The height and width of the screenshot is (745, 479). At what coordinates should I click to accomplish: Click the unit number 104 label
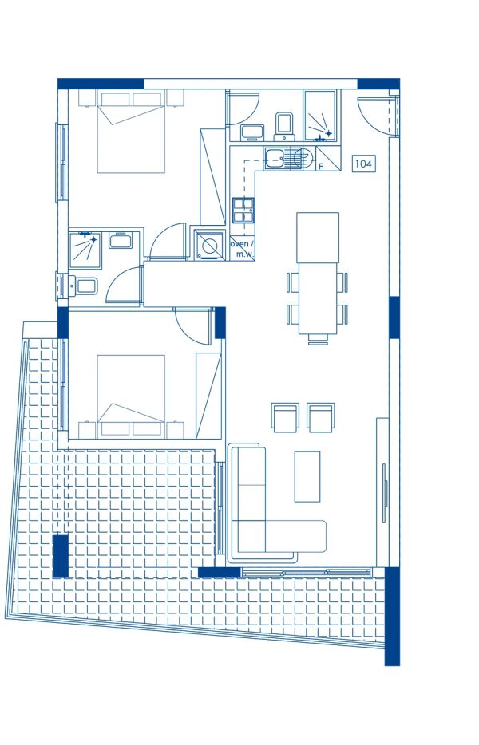[x=363, y=164]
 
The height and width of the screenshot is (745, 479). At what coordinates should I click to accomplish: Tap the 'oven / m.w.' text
[x=242, y=249]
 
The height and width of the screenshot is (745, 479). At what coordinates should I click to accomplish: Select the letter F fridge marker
[x=321, y=166]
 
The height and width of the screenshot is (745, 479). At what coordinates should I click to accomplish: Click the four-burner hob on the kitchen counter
[x=243, y=210]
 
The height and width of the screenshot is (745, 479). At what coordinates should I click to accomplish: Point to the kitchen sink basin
[x=275, y=158]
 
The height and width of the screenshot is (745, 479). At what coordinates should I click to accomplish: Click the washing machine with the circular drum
[x=209, y=244]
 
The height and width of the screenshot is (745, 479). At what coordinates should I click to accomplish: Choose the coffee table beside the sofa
[x=307, y=476]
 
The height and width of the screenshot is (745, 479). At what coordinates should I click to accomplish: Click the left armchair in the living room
[x=284, y=417]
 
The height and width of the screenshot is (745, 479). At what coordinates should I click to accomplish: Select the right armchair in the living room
[x=321, y=417]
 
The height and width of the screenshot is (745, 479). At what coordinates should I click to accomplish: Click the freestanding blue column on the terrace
[x=60, y=556]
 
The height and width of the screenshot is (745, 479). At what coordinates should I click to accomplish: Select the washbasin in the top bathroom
[x=251, y=132]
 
